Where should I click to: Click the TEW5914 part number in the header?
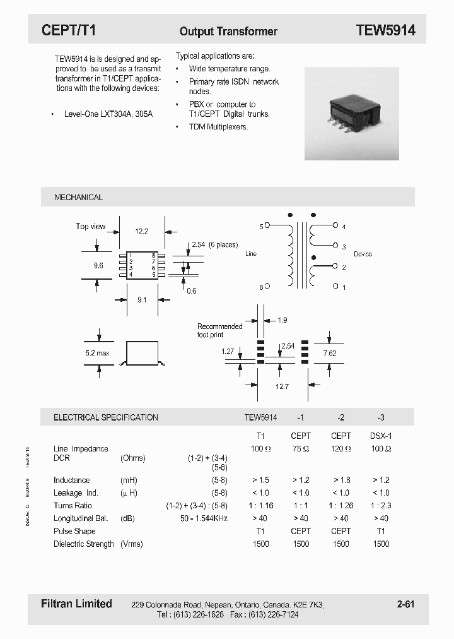[x=385, y=30]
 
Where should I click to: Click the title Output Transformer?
[x=228, y=31]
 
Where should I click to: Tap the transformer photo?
[x=352, y=114]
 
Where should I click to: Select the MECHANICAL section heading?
[x=78, y=198]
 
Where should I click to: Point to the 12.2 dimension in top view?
[x=142, y=231]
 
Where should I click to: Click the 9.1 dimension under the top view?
[x=142, y=300]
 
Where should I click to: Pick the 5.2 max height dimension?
[x=97, y=353]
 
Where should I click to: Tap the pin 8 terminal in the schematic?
[x=267, y=287]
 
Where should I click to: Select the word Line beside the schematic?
[x=251, y=254]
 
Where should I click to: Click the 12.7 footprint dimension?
[x=282, y=386]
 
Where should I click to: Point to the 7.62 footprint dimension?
[x=330, y=354]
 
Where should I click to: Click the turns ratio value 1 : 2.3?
[x=380, y=506]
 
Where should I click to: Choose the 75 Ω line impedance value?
[x=301, y=449]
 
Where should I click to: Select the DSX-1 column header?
[x=380, y=436]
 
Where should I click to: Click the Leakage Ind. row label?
[x=76, y=493]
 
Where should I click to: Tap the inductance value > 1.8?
[x=340, y=481]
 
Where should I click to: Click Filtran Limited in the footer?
[x=72, y=604]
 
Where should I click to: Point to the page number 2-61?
[x=405, y=604]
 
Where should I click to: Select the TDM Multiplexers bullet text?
[x=218, y=127]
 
